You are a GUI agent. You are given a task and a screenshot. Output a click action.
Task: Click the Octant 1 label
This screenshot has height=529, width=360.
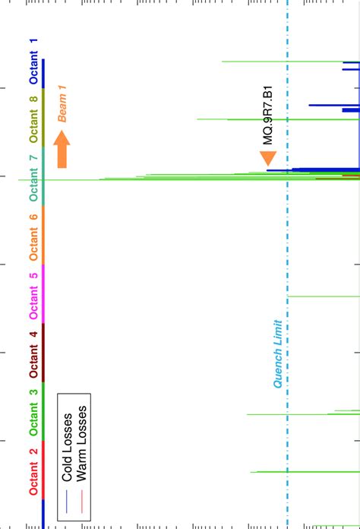coord(33,61)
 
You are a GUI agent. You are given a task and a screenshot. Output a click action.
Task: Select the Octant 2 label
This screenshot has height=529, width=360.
coord(33,471)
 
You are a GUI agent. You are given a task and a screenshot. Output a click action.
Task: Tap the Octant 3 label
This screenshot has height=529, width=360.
coord(33,411)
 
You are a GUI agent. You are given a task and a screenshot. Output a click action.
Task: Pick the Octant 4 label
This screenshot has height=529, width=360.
coord(33,353)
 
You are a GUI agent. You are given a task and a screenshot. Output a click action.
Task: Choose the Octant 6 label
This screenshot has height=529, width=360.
coord(33,236)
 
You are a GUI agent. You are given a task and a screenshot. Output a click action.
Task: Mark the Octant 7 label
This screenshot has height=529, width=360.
coord(33,177)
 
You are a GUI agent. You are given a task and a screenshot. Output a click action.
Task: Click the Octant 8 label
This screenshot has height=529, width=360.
coord(33,119)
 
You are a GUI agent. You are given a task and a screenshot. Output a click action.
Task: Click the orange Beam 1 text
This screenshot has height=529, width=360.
coord(62,103)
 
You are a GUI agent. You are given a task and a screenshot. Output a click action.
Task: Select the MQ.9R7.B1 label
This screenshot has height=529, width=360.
coord(268,115)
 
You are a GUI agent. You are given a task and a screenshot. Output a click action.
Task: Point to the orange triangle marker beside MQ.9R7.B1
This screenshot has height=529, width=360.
coord(267,158)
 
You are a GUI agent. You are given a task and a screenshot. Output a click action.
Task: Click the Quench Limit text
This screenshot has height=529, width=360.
coord(278,354)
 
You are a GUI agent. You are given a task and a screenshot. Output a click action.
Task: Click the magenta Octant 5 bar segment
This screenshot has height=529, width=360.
coord(43,294)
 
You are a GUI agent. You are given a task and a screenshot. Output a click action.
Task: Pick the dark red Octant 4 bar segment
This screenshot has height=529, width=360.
coord(43,353)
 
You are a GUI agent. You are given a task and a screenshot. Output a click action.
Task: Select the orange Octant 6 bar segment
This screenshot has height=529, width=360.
coord(43,235)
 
